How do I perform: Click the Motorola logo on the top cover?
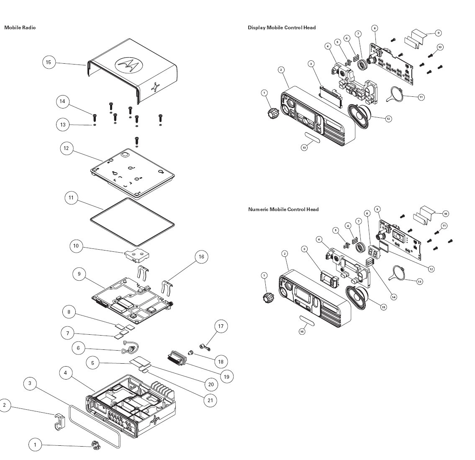128,65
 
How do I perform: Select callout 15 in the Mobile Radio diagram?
49,62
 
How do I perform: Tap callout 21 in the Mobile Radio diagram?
211,400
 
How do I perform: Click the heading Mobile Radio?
20,28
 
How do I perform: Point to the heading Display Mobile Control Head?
282,28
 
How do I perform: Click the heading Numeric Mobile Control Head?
283,209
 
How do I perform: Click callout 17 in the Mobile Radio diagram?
221,326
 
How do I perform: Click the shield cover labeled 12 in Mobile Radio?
133,173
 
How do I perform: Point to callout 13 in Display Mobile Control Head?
304,147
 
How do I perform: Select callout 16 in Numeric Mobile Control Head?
302,331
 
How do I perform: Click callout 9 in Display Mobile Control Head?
438,33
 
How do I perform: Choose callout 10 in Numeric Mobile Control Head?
445,214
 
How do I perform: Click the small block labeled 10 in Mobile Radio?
136,254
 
